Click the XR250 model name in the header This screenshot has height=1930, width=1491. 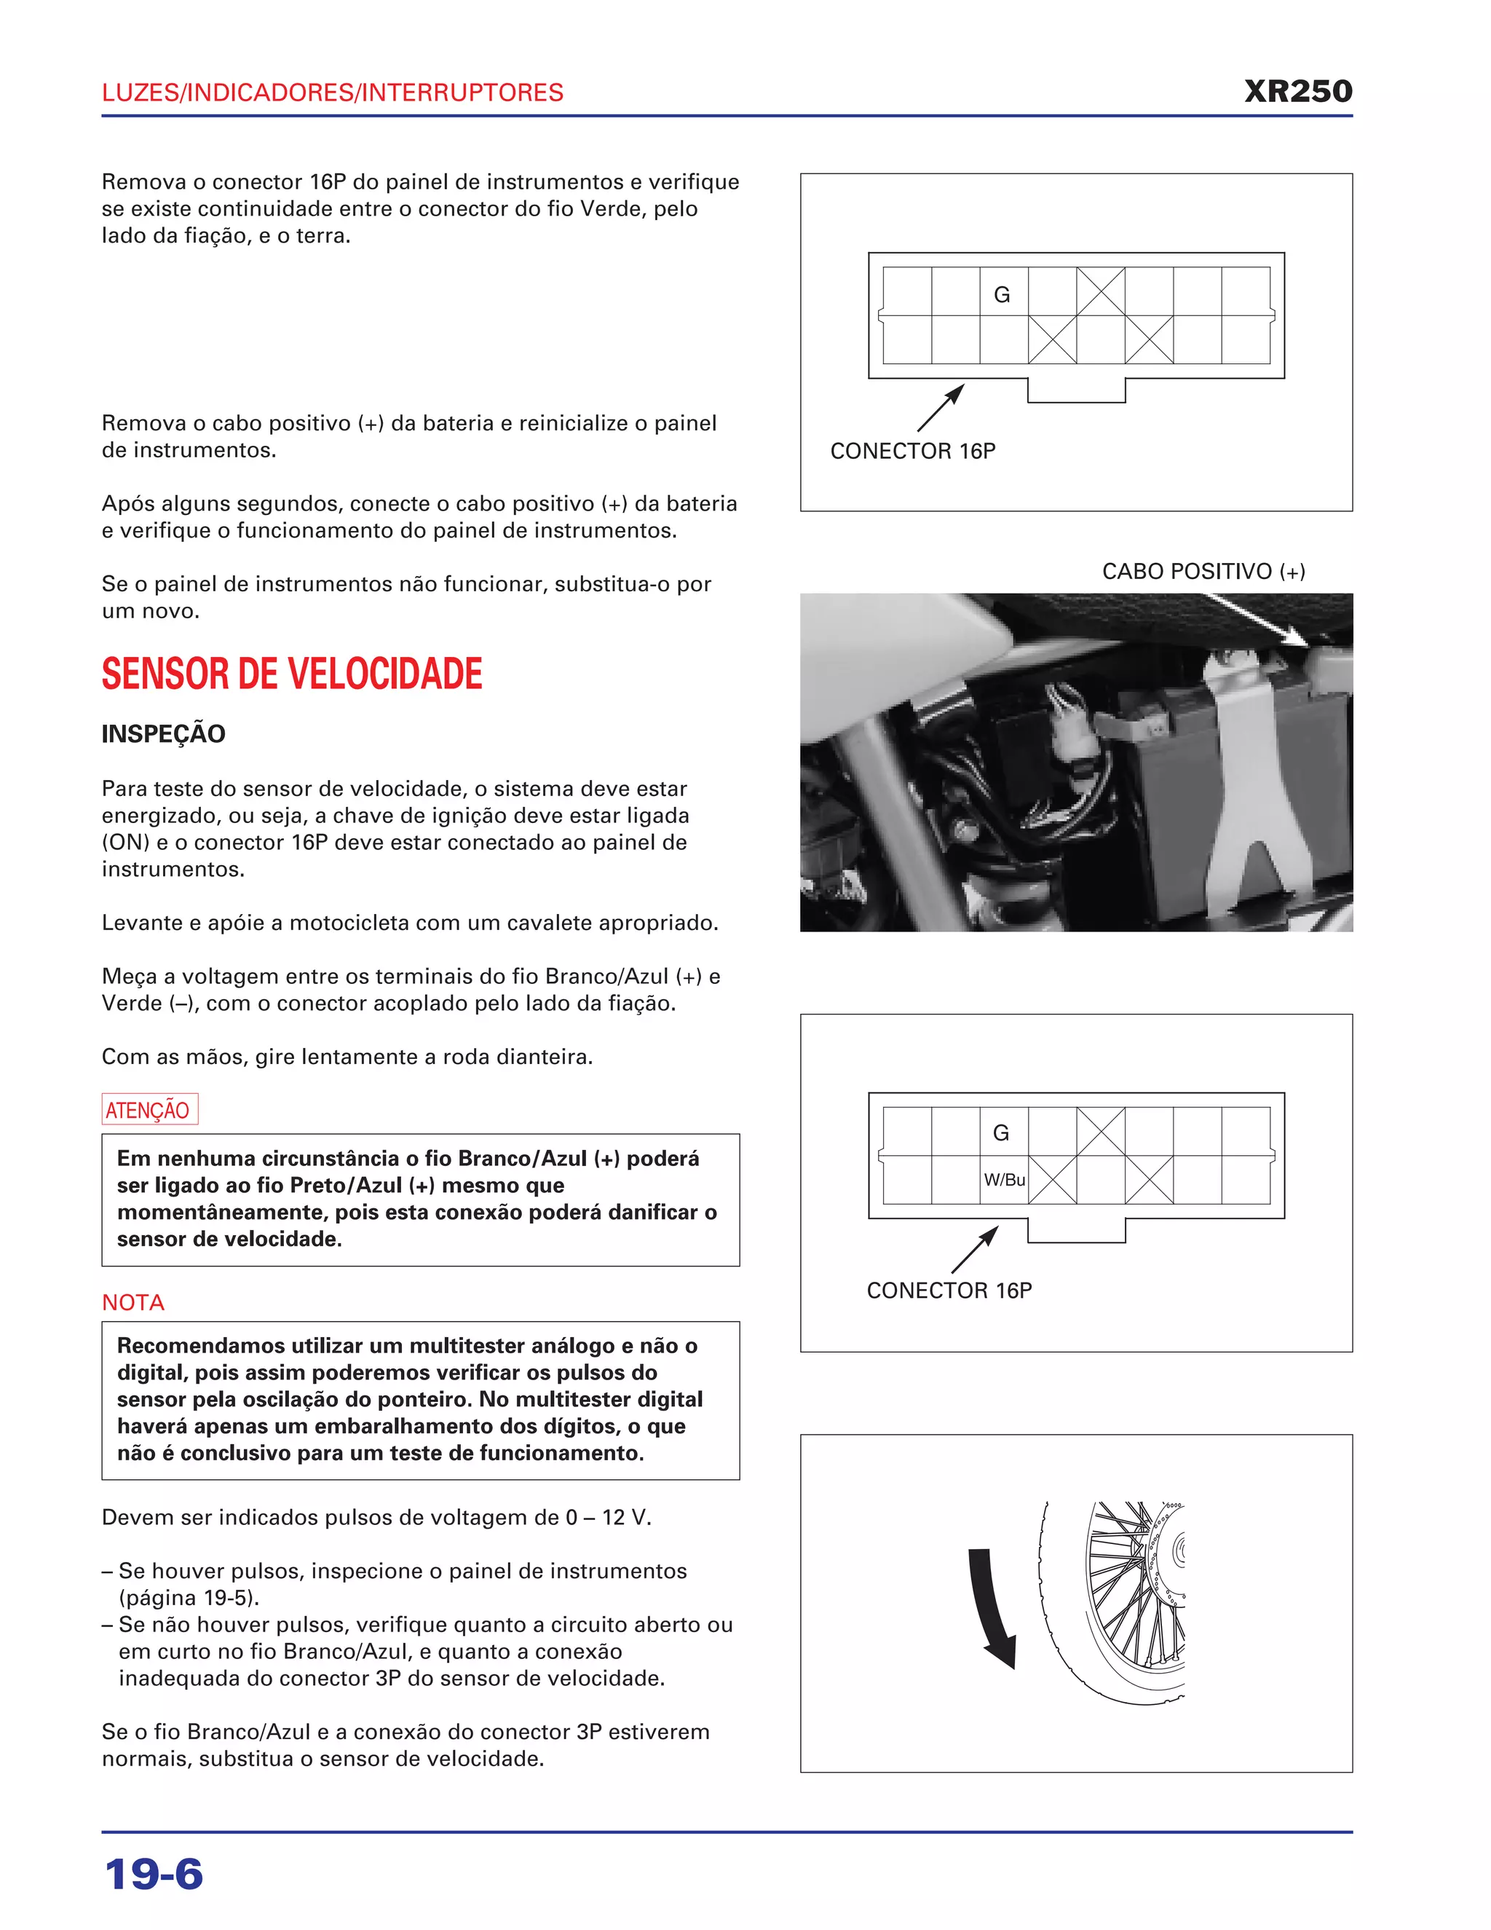pyautogui.click(x=1297, y=92)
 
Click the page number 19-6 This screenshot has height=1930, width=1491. pyautogui.click(x=154, y=1875)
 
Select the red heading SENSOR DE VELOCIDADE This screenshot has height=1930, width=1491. pyautogui.click(x=291, y=674)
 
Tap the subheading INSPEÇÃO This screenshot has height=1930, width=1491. pyautogui.click(x=163, y=733)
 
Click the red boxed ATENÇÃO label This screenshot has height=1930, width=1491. pyautogui.click(x=149, y=1110)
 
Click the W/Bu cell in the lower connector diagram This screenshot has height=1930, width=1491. pyautogui.click(x=1004, y=1180)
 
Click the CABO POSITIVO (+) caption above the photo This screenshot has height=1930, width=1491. pyautogui.click(x=1203, y=572)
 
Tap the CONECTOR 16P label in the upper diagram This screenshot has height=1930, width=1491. pyautogui.click(x=912, y=452)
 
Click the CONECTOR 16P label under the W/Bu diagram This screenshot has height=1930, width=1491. pyautogui.click(x=949, y=1291)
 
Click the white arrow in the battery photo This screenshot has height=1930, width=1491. pyautogui.click(x=1259, y=618)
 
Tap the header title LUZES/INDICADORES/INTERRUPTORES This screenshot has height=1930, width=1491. pyautogui.click(x=332, y=92)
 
